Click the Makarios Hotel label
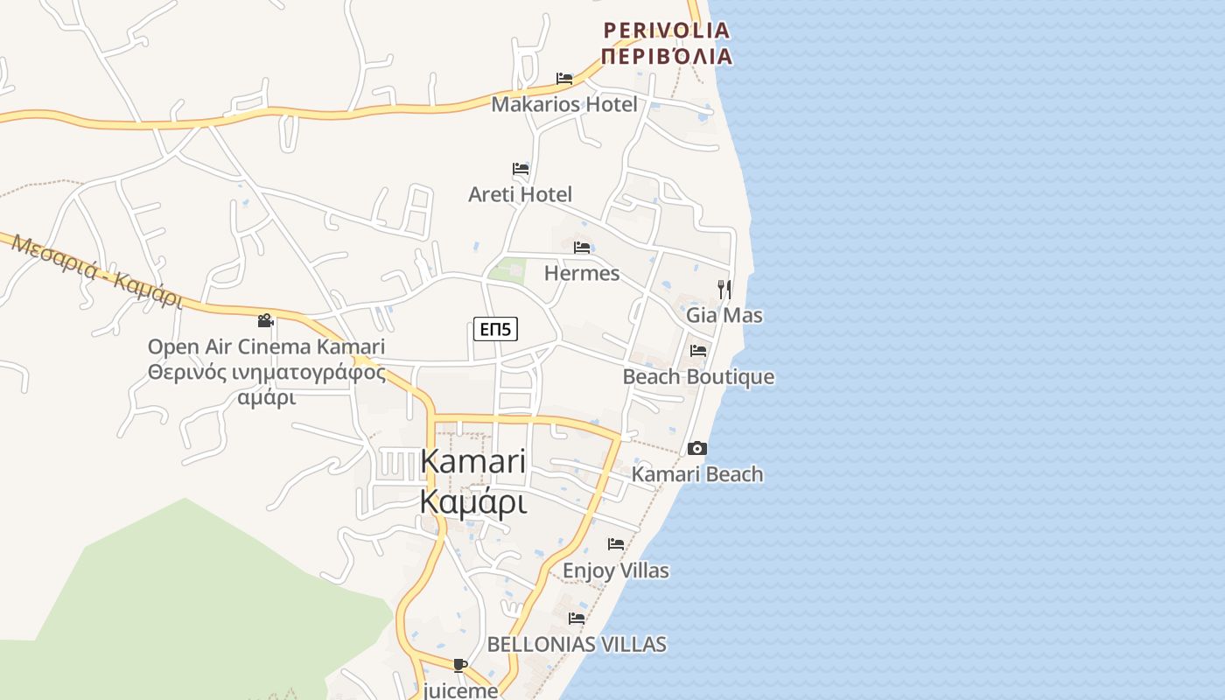pyautogui.click(x=564, y=104)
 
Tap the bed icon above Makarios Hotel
pyautogui.click(x=564, y=79)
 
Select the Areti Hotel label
pyautogui.click(x=520, y=194)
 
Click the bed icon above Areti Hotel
pyautogui.click(x=521, y=169)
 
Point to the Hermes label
pyautogui.click(x=582, y=273)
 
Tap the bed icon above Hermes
pyautogui.click(x=582, y=248)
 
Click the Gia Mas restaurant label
pyautogui.click(x=724, y=315)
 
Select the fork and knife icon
pyautogui.click(x=724, y=289)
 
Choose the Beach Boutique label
pyautogui.click(x=698, y=377)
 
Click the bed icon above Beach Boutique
pyautogui.click(x=698, y=351)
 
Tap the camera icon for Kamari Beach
pyautogui.click(x=697, y=449)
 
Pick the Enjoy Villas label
pyautogui.click(x=616, y=570)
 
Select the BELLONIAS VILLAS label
pyautogui.click(x=577, y=645)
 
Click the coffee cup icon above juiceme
pyautogui.click(x=460, y=666)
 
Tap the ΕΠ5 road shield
pyautogui.click(x=496, y=329)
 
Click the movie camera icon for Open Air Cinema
pyautogui.click(x=266, y=321)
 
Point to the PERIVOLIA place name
pyautogui.click(x=667, y=31)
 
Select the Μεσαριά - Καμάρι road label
pyautogui.click(x=96, y=270)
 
